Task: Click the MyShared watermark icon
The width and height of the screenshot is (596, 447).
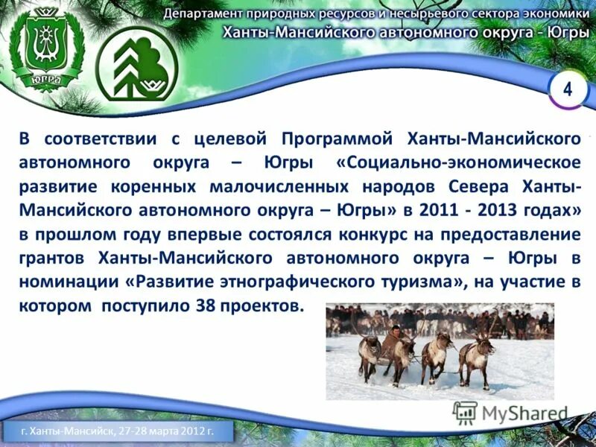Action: point(466,413)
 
